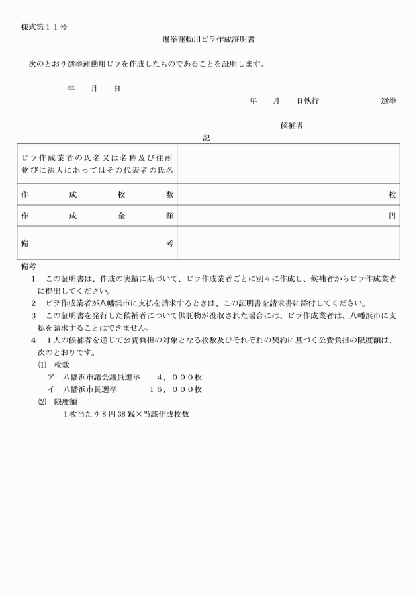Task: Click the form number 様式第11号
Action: pos(44,27)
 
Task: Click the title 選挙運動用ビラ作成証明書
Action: pos(208,40)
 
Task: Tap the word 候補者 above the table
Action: pos(292,126)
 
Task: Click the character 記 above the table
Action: pos(206,138)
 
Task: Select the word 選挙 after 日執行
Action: pos(389,100)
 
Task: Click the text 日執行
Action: pos(308,100)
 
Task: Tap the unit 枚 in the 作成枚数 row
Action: pos(393,194)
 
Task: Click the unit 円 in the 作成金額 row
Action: pos(393,216)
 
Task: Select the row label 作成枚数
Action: pos(97,194)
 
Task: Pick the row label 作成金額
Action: pos(97,216)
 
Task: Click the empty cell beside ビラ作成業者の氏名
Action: pos(288,163)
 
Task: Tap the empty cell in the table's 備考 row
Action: pos(288,243)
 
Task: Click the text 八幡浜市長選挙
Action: pos(92,389)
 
